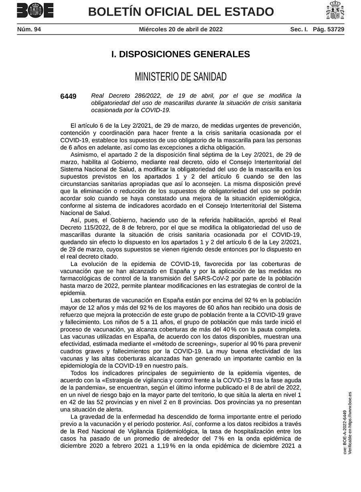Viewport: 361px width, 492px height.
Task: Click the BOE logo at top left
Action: (x=35, y=11)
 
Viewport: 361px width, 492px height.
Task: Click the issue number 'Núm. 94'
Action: (x=29, y=29)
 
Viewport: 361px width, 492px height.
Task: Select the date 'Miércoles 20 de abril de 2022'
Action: (x=180, y=29)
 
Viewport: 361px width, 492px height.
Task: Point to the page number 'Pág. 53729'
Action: (x=329, y=29)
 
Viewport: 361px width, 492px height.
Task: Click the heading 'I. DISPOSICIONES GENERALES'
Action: (x=180, y=54)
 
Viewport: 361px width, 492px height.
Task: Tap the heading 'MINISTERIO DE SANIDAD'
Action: (x=180, y=77)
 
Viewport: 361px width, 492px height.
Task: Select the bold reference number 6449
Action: (x=68, y=96)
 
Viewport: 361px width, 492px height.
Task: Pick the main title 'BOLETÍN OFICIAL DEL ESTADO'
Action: (x=181, y=12)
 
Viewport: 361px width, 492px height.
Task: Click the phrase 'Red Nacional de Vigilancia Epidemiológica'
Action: (x=135, y=431)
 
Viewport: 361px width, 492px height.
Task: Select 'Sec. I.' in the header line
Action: (x=299, y=29)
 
